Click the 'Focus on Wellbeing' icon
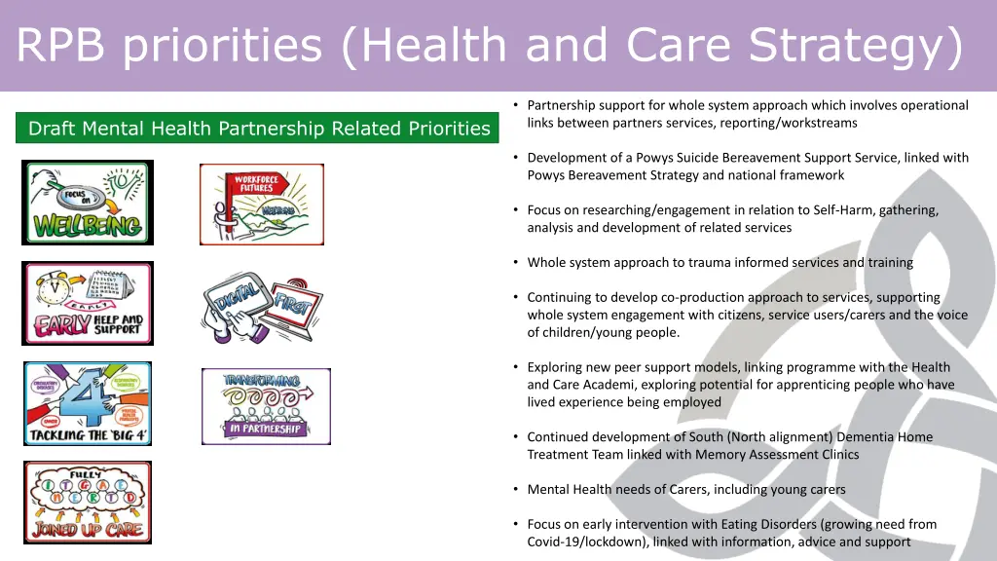click(88, 203)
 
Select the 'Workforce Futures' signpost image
click(262, 204)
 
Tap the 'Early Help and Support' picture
click(88, 303)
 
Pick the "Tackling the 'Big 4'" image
click(88, 403)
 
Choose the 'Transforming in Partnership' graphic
click(266, 406)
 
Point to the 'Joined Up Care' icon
click(88, 502)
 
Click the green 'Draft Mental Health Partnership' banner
click(257, 129)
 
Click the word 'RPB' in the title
click(61, 45)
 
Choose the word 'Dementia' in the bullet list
click(866, 437)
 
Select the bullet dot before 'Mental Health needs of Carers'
click(516, 489)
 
